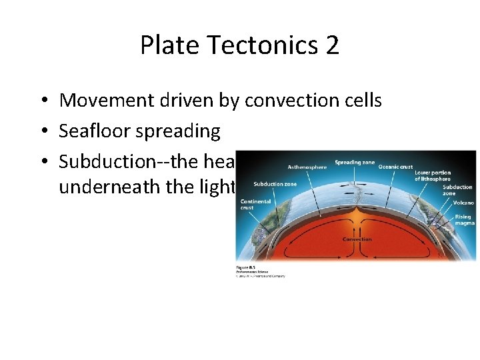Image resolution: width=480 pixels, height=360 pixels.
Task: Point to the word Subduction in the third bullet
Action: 112,162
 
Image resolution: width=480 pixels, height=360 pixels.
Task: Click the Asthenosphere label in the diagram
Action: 307,167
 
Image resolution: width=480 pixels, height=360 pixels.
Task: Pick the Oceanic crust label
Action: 395,167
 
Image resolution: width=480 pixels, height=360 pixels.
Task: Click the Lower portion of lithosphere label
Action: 433,175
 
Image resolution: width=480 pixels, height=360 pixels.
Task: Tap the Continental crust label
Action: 255,204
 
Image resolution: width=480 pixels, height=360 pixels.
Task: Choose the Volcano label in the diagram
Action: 463,202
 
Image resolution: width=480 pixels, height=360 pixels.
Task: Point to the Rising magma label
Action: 464,220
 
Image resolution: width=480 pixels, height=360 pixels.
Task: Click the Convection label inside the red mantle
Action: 357,239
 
